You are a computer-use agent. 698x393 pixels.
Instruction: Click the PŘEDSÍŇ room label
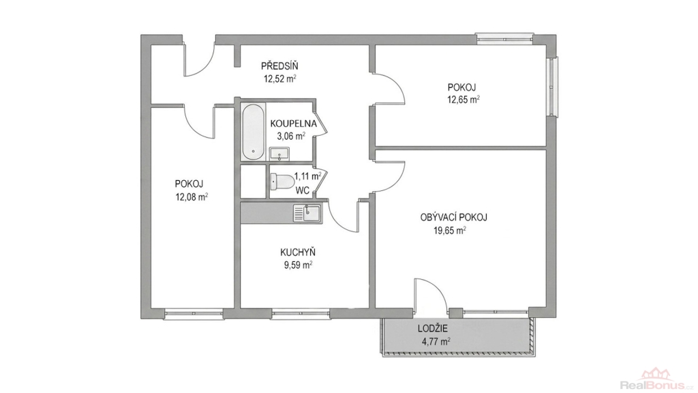[x=279, y=66]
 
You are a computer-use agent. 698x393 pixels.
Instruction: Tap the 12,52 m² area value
[x=280, y=79]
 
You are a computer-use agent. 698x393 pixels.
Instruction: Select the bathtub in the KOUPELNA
[x=254, y=132]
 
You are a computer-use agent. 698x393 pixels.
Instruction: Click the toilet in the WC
[x=282, y=181]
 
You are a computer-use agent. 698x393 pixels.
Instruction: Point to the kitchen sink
[x=306, y=213]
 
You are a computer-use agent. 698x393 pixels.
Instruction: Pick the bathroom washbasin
[x=279, y=154]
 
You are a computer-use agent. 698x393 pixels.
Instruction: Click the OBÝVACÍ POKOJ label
[x=453, y=218]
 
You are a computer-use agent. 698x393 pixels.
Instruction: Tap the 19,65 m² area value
[x=450, y=231]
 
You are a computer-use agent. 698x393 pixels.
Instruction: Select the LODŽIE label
[x=433, y=330]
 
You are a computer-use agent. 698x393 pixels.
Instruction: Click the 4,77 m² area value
[x=435, y=343]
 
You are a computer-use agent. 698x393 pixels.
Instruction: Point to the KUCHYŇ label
[x=298, y=252]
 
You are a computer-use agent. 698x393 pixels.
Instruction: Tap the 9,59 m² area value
[x=298, y=265]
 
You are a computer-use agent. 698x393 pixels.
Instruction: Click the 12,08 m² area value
[x=192, y=196]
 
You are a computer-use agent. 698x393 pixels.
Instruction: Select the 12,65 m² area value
[x=464, y=100]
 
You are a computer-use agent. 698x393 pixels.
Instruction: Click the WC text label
[x=303, y=190]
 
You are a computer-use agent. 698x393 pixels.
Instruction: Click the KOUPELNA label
[x=293, y=123]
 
